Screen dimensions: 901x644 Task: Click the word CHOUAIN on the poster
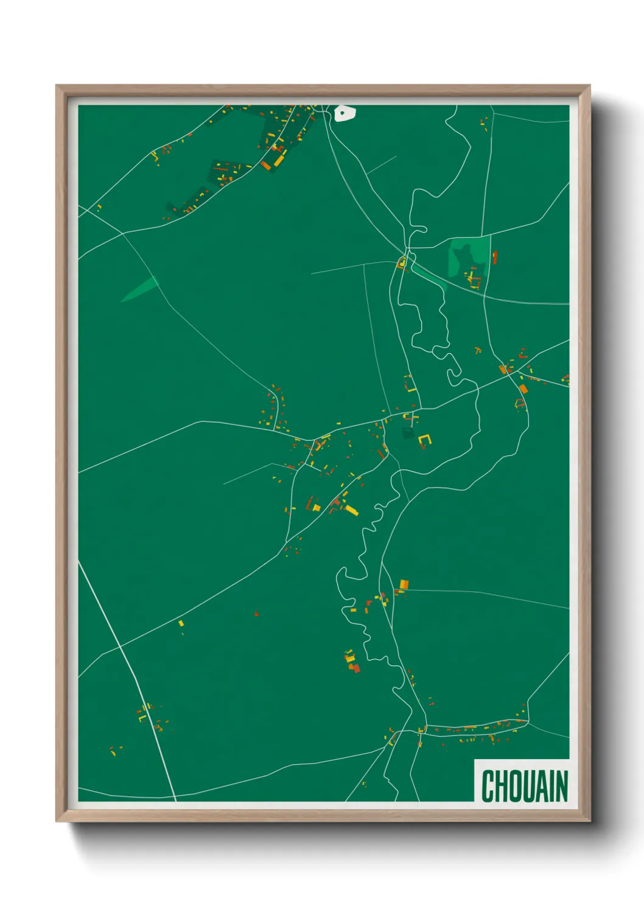tap(524, 786)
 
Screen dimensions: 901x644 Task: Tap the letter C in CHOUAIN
tap(488, 786)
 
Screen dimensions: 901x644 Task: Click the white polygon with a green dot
tap(344, 113)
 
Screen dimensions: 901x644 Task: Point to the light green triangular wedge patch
tap(141, 289)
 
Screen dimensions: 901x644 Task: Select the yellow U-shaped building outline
tap(424, 441)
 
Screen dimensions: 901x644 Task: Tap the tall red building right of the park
tap(494, 258)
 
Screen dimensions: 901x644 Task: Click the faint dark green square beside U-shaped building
tap(407, 433)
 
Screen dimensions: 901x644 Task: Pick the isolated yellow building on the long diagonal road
tap(181, 623)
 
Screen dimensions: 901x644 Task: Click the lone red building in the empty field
tap(257, 613)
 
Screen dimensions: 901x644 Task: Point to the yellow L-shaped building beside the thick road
tap(142, 717)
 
